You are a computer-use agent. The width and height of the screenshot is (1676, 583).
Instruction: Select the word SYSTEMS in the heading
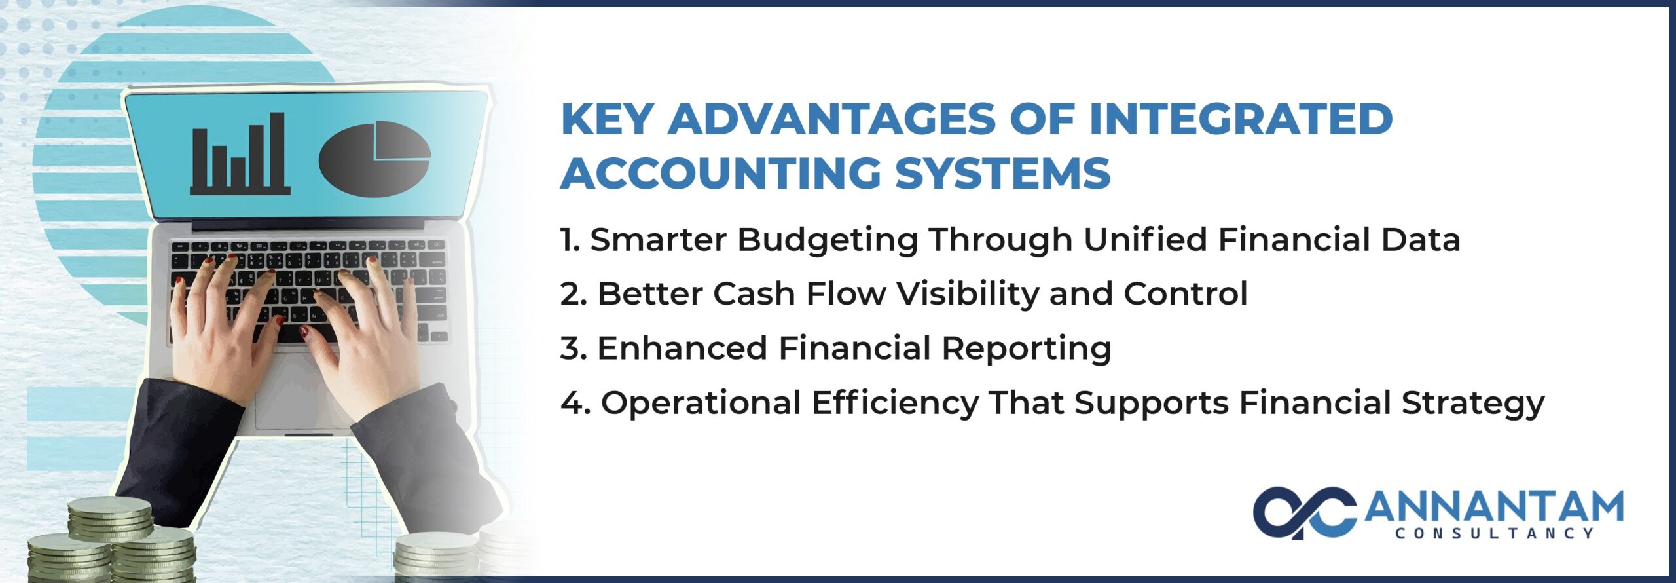(1002, 173)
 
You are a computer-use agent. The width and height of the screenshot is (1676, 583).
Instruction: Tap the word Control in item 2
(1186, 293)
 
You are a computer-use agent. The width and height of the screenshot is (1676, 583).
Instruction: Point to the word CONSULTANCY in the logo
(1495, 534)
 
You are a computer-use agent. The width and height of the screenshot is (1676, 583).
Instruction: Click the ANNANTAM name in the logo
(1494, 506)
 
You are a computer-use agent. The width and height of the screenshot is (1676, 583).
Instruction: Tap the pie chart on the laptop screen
(374, 159)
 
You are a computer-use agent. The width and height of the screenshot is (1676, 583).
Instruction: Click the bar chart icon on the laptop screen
(240, 154)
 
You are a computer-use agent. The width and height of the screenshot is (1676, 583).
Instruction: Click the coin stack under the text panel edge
(437, 557)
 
